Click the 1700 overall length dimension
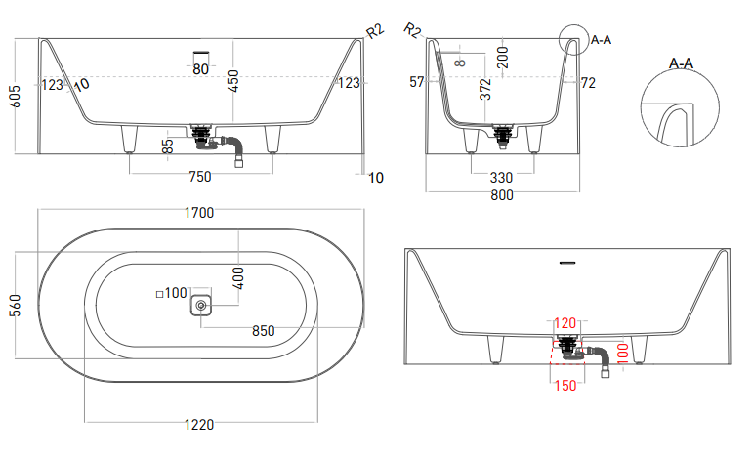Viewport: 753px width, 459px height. [x=199, y=212]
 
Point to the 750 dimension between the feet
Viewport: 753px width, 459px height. [x=199, y=177]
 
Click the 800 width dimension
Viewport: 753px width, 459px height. [x=501, y=195]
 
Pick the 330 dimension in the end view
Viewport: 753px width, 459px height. [x=501, y=177]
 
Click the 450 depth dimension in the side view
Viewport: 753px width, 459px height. [x=232, y=81]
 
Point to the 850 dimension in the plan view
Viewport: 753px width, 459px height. [x=263, y=330]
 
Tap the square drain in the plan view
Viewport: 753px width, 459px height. [x=201, y=306]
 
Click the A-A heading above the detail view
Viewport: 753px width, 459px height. [x=681, y=63]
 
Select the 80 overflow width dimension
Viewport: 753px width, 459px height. [x=201, y=69]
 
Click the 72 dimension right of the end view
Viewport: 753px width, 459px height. [x=588, y=84]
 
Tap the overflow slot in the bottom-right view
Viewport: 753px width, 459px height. [x=565, y=263]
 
